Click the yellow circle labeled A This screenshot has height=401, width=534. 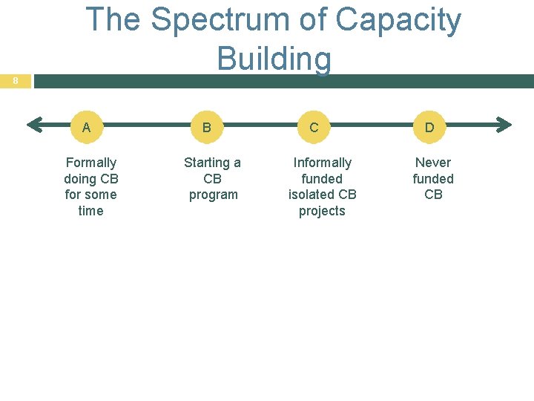pyautogui.click(x=88, y=127)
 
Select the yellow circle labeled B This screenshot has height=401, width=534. pyautogui.click(x=207, y=127)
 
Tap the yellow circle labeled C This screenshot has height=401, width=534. pyautogui.click(x=314, y=127)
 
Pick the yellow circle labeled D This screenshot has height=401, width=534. pyautogui.click(x=429, y=127)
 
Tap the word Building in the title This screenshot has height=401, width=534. pyautogui.click(x=274, y=58)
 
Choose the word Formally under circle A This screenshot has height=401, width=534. pyautogui.click(x=91, y=163)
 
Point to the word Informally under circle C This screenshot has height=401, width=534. pyautogui.click(x=323, y=163)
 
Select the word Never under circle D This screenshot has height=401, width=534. pyautogui.click(x=433, y=163)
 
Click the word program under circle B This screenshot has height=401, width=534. pyautogui.click(x=213, y=195)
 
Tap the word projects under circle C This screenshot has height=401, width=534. pyautogui.click(x=323, y=211)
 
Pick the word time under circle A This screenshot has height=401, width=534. pyautogui.click(x=91, y=211)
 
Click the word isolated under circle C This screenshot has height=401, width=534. pyautogui.click(x=313, y=195)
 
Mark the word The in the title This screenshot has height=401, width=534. pyautogui.click(x=113, y=20)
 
